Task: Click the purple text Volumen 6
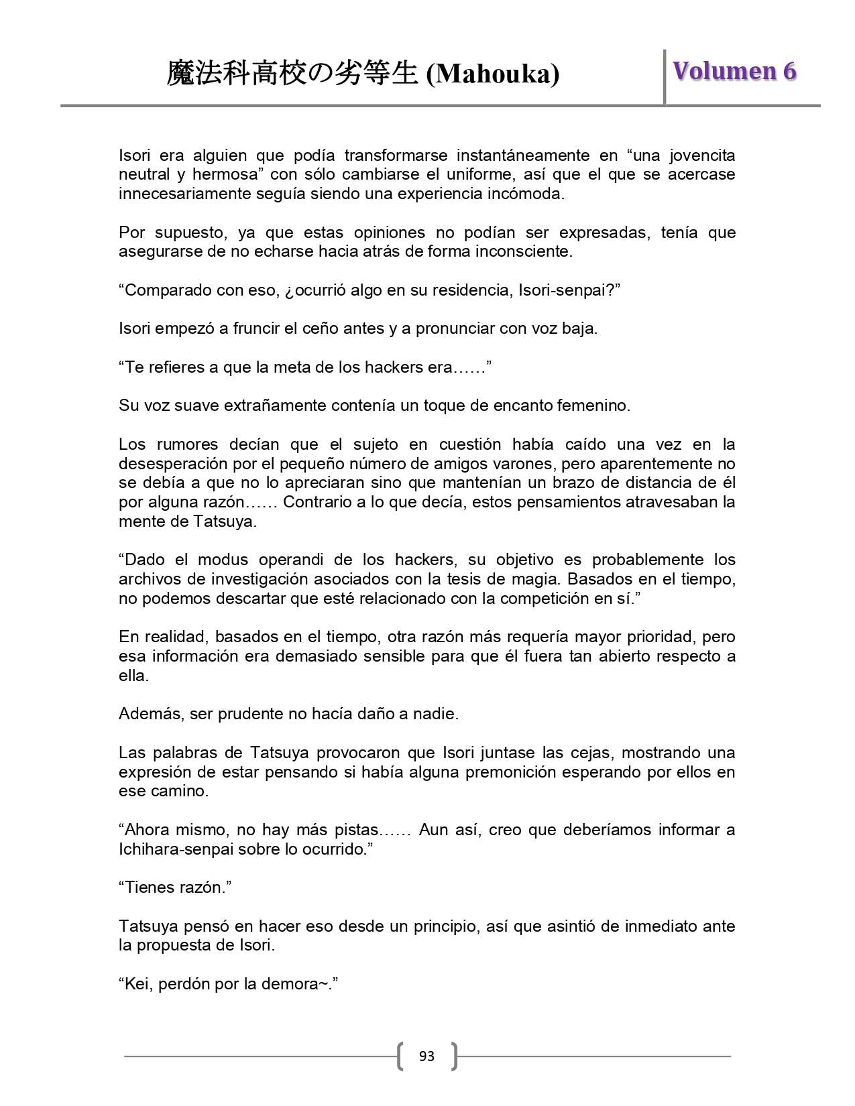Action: tap(734, 71)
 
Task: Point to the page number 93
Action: tap(426, 1056)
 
